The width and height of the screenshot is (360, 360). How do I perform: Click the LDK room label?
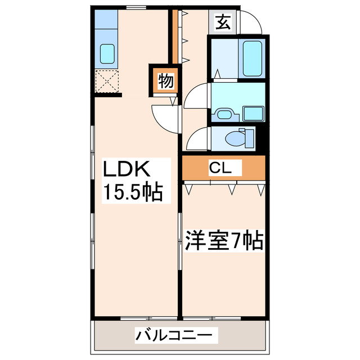[125, 169]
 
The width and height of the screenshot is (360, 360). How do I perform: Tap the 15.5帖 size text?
[132, 192]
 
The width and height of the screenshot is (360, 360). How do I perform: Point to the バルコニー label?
[175, 336]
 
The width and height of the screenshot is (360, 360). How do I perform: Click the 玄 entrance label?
[223, 23]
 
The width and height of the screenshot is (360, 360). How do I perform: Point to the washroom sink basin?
[224, 115]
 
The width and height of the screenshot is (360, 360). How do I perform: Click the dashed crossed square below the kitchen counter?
[106, 81]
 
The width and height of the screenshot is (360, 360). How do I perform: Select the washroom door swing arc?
[197, 96]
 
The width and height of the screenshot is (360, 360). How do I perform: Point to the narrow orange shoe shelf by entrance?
[174, 37]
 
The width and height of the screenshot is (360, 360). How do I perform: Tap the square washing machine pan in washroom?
[255, 113]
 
